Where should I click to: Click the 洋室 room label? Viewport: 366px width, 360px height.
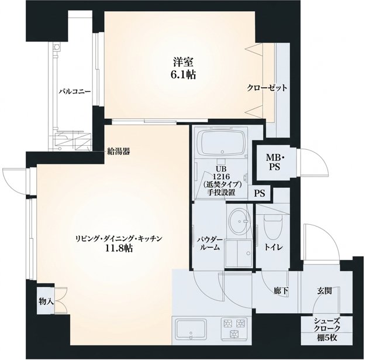coord(183,63)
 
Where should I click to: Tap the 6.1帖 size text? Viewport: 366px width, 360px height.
coord(183,75)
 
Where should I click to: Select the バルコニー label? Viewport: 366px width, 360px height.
coord(74,91)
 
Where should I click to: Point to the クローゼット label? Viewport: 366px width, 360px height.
coord(267,88)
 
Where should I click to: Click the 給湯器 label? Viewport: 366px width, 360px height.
coord(118,152)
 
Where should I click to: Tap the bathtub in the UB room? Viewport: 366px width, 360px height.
coord(222,143)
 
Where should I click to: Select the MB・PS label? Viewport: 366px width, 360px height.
coord(275,163)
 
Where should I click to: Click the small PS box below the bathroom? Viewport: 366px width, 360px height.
coord(260,193)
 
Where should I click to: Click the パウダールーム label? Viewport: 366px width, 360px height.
coord(210,244)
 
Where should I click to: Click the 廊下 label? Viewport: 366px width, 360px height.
coord(281,291)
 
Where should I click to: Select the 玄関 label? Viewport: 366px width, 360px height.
coord(324,291)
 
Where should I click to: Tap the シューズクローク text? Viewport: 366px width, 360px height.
coord(327,324)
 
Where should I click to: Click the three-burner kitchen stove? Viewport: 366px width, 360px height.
coord(234,328)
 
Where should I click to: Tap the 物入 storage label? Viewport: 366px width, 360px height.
coord(46,301)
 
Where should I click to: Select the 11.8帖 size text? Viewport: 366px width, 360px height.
coord(119,248)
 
